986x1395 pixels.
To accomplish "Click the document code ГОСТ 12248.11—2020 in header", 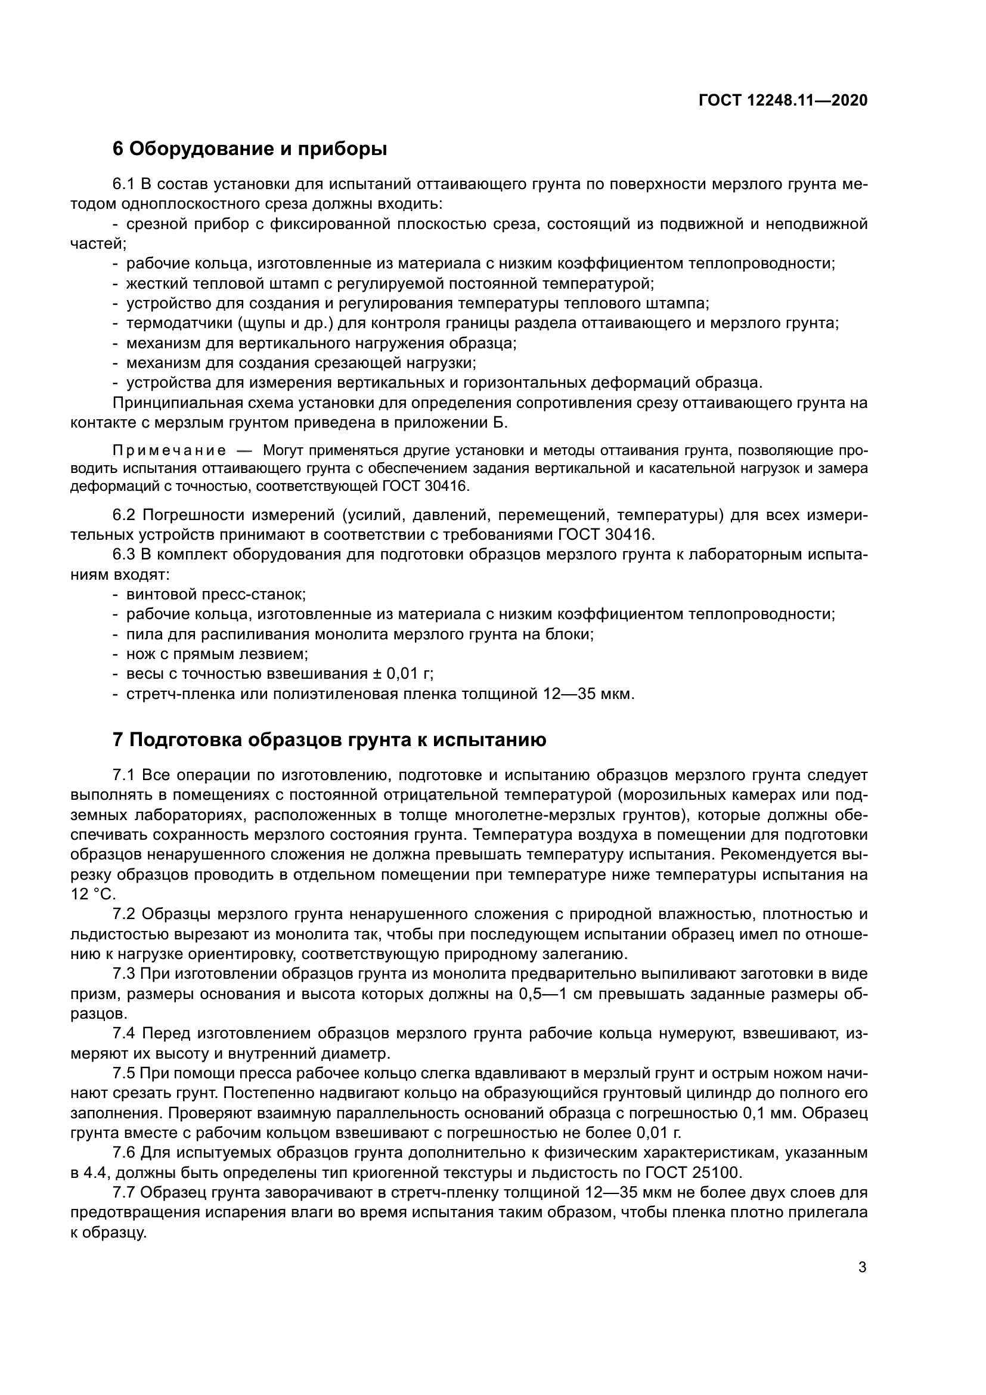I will tap(783, 100).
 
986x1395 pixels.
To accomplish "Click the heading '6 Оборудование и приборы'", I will tap(250, 149).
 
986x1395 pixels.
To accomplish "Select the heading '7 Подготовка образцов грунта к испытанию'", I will tap(329, 740).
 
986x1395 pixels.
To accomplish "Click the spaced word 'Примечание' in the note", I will tap(169, 451).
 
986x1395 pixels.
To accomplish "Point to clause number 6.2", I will tap(125, 515).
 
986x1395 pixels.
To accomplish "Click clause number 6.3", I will tap(125, 555).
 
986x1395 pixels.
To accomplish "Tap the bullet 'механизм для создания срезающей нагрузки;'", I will tap(300, 363).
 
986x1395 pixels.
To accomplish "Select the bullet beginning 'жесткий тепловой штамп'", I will tap(389, 284).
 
